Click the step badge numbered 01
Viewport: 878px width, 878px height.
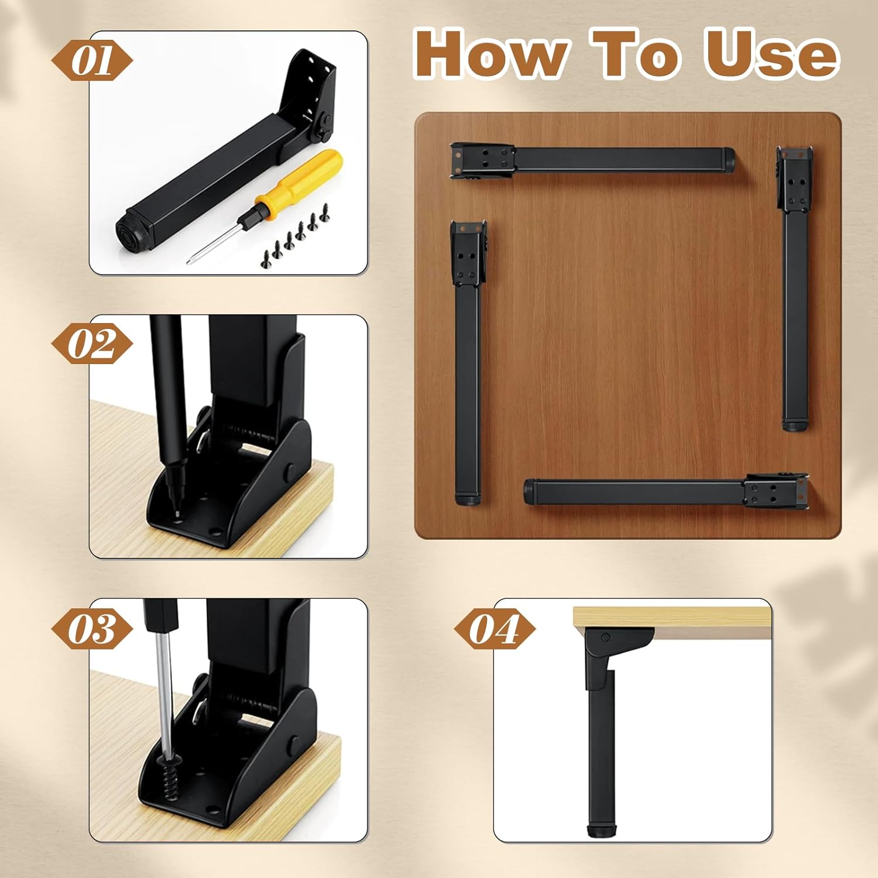92,61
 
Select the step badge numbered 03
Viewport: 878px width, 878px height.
92,629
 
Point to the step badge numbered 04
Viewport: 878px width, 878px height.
495,629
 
